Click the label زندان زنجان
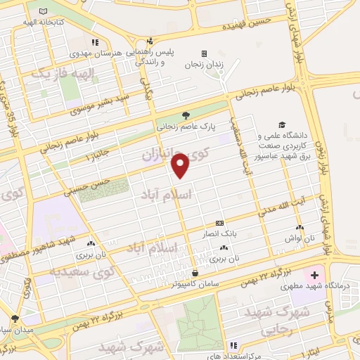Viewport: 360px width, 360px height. (204, 65)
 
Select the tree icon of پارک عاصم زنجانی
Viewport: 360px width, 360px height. (186, 115)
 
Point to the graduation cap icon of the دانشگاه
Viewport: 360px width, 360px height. (282, 124)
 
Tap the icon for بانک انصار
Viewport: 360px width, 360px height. (220, 221)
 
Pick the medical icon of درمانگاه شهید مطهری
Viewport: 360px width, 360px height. (315, 274)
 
